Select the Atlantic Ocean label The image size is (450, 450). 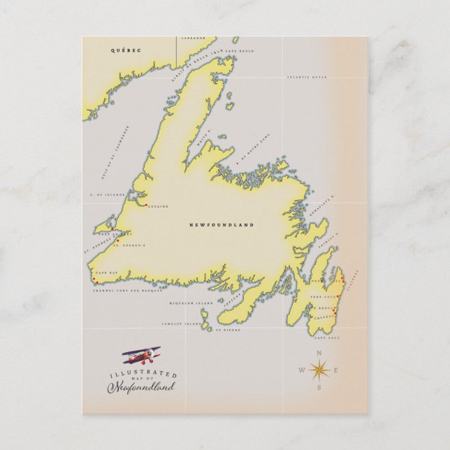point(307,77)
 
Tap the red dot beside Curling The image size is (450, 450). point(145,205)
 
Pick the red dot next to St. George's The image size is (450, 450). point(117,240)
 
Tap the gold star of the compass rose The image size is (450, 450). point(319,370)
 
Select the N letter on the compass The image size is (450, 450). point(319,353)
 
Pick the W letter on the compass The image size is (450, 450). point(302,370)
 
